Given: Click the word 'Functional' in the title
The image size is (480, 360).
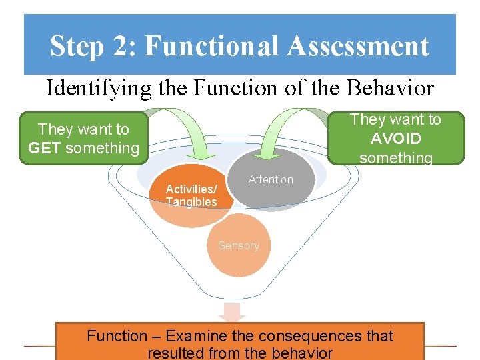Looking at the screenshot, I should point(212,47).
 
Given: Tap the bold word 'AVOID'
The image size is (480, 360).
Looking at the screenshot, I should point(396,139).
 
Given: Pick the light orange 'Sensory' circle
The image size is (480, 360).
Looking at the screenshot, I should point(239,246).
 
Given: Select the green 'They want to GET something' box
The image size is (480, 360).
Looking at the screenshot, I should point(83,139).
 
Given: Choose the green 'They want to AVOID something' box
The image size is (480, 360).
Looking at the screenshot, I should point(396,138).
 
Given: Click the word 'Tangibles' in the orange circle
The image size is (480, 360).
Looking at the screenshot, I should point(191,202).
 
